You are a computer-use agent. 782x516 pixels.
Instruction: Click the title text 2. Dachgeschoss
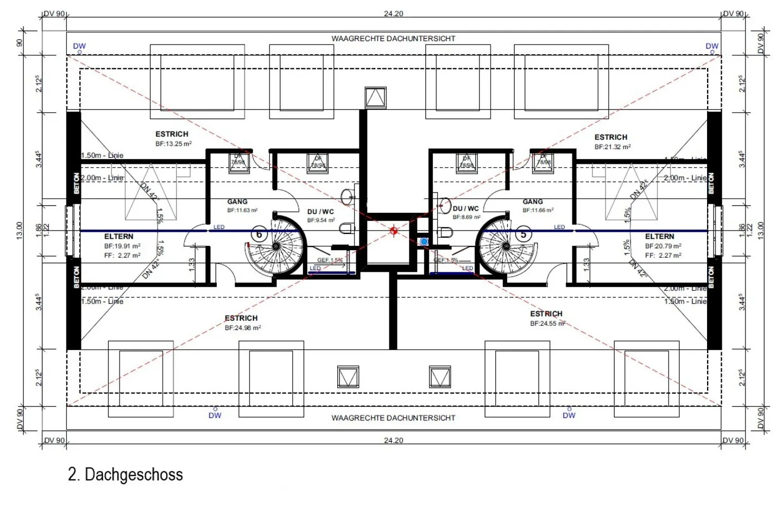(x=125, y=474)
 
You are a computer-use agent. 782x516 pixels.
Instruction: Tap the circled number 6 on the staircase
(x=259, y=234)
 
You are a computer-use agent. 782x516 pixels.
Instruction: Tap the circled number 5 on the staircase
(x=524, y=234)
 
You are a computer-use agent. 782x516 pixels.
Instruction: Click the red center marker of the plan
(x=394, y=231)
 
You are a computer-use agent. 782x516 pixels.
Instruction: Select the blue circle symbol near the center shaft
(x=424, y=241)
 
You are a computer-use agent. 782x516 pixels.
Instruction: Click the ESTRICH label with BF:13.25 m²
(x=172, y=134)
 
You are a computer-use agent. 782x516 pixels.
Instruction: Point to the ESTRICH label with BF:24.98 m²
(x=241, y=318)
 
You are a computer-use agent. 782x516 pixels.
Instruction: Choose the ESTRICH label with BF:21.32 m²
(x=610, y=137)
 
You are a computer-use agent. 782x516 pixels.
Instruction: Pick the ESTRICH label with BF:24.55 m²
(x=546, y=314)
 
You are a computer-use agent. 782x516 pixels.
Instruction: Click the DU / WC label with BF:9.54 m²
(x=320, y=212)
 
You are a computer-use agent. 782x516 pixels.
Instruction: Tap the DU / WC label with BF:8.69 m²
(x=466, y=208)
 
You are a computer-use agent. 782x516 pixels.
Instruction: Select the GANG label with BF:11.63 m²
(x=237, y=202)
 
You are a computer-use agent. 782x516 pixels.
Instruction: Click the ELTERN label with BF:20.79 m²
(x=659, y=237)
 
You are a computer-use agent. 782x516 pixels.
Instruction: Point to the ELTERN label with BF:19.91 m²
(x=118, y=237)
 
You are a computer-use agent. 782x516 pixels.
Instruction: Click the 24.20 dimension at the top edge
(x=393, y=14)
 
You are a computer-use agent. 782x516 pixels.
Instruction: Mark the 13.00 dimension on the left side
(x=20, y=231)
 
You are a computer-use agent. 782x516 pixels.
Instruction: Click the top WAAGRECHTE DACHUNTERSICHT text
(x=393, y=39)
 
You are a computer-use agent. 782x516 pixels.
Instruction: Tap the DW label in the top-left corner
(x=79, y=46)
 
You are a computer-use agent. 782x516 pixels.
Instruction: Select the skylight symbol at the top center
(x=375, y=98)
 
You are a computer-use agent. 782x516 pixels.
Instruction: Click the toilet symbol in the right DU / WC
(x=445, y=233)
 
